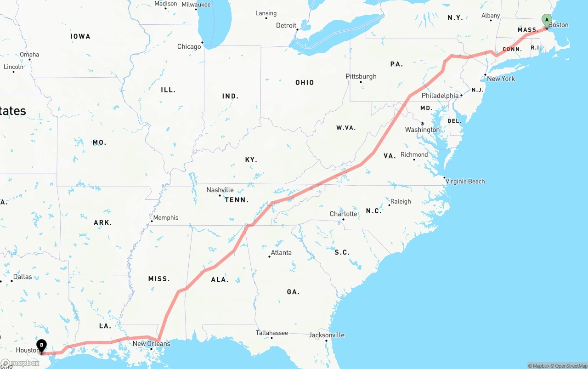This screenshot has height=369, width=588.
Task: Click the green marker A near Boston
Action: [x=546, y=20]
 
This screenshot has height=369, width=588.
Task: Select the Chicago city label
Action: [x=189, y=46]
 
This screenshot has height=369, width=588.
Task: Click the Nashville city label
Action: [x=220, y=190]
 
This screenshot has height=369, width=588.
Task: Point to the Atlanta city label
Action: [x=281, y=252]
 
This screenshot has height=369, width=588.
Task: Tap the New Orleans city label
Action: [x=151, y=343]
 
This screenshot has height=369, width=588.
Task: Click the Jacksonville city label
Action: [x=326, y=335]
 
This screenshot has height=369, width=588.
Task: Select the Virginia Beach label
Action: [x=465, y=181]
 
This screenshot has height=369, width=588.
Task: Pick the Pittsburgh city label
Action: [x=361, y=76]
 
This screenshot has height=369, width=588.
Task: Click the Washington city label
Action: [x=422, y=130]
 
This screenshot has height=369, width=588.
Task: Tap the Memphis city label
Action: [x=165, y=217]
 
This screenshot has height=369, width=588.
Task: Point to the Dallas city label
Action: [x=23, y=277]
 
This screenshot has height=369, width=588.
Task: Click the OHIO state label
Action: [x=305, y=83]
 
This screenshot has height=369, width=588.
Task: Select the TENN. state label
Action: [x=237, y=200]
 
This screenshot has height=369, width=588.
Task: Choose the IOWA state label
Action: [x=80, y=36]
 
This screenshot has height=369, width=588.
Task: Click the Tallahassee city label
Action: [x=271, y=333]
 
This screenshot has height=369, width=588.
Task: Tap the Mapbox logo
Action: [x=20, y=363]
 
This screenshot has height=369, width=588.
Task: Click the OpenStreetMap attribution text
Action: [x=569, y=366]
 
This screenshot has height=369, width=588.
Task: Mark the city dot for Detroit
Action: [x=297, y=30]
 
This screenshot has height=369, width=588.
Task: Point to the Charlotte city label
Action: [x=343, y=214]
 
